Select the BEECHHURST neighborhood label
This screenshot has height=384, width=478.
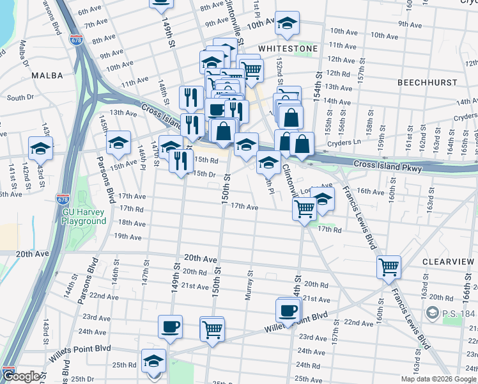427,83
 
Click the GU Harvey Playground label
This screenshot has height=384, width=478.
84,216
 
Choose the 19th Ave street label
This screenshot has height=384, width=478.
127,237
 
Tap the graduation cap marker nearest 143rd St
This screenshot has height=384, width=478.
40,148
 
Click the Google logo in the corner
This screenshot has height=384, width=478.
22,376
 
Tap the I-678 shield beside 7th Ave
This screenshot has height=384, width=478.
76,39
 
